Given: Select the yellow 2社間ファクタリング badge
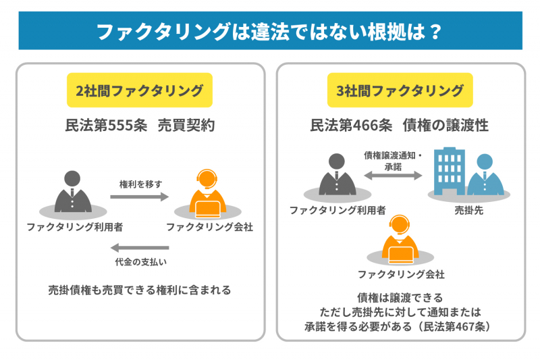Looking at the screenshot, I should (x=140, y=91).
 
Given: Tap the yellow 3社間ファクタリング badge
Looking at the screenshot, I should (x=400, y=91).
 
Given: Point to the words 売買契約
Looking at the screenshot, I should (x=186, y=126).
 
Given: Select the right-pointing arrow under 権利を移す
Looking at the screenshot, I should (x=140, y=197).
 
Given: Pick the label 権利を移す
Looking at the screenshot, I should (x=140, y=184).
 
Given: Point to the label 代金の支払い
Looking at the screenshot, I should (x=140, y=261).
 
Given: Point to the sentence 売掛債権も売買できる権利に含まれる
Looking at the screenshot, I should (x=140, y=290).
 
